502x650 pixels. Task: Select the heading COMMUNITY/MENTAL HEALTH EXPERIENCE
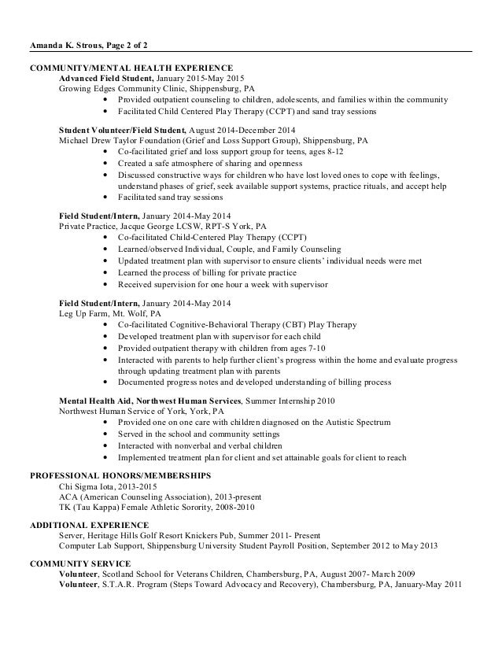coord(131,68)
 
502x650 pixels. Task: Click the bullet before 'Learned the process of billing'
coord(105,271)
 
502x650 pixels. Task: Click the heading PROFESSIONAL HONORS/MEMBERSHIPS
coord(120,475)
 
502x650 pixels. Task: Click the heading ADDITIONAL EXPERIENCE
coord(88,524)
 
